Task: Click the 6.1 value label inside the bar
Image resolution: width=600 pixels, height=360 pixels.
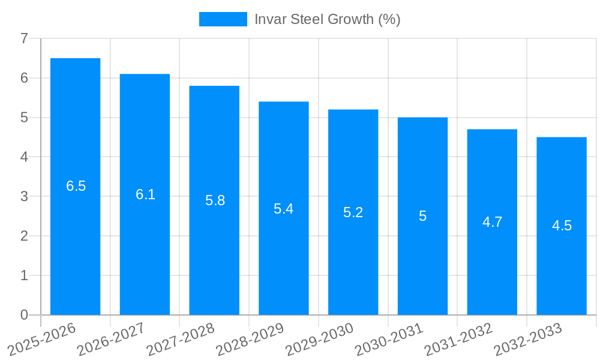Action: (x=145, y=194)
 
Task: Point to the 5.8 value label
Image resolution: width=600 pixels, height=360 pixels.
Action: (x=215, y=200)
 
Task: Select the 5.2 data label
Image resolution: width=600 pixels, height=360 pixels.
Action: (x=353, y=212)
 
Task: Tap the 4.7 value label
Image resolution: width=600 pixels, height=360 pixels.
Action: (x=492, y=222)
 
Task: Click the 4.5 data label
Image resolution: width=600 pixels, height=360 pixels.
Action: (x=562, y=226)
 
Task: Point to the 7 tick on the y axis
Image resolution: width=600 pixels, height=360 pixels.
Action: (x=24, y=39)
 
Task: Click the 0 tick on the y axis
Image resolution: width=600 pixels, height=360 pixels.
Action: (x=24, y=315)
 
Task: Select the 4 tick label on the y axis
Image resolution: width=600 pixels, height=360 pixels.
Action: (x=24, y=157)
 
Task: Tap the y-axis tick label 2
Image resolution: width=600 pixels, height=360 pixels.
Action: (x=24, y=236)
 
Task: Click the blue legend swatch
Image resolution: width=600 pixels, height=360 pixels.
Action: (x=223, y=19)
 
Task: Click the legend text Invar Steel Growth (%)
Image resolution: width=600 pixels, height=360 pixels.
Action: (x=327, y=19)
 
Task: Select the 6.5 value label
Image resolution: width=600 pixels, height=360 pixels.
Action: (x=76, y=186)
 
